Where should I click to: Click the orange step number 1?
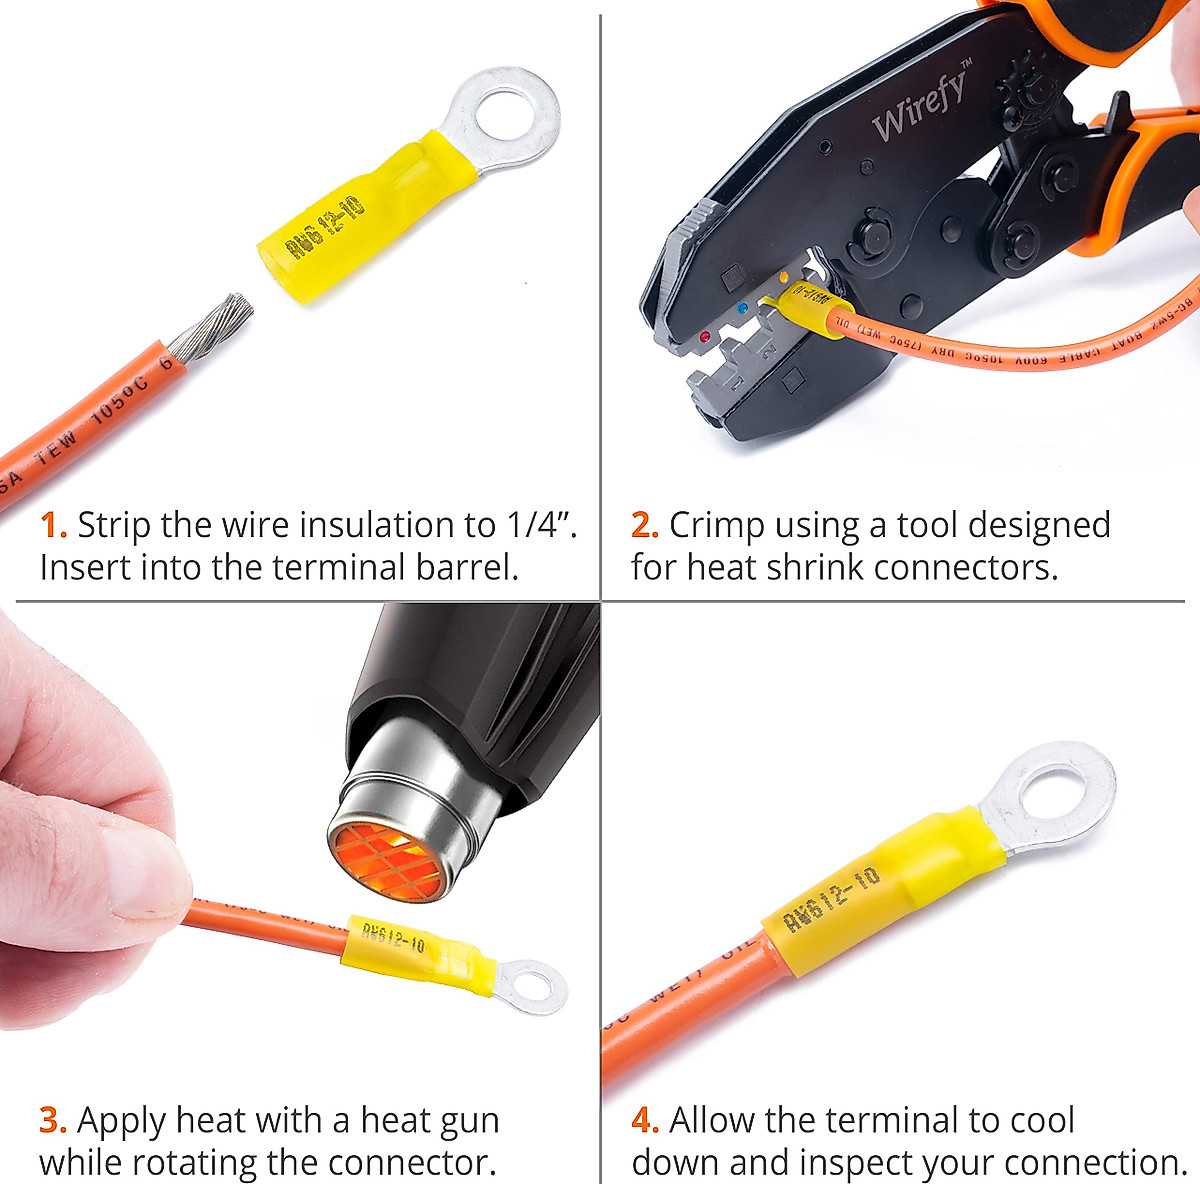[51, 525]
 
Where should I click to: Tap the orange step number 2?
[643, 525]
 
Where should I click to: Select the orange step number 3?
[51, 1120]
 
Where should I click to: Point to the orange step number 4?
[644, 1120]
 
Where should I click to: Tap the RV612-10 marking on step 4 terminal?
[832, 899]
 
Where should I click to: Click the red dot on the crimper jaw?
[705, 338]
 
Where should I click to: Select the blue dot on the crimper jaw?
[740, 311]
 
